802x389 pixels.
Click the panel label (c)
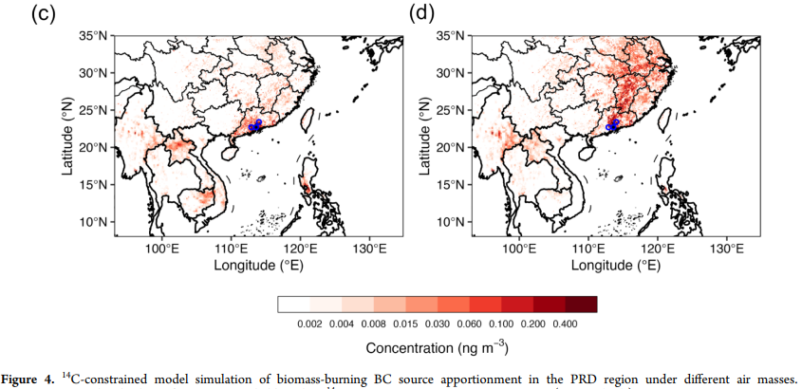point(43,13)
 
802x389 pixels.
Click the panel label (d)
point(421,13)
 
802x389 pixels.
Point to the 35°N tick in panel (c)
point(94,36)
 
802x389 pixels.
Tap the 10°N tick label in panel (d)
point(452,222)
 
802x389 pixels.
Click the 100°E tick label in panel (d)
point(520,250)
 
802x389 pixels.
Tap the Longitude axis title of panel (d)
point(616,265)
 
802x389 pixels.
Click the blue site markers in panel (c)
point(254,125)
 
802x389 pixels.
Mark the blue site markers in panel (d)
point(612,125)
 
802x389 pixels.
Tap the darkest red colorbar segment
point(581,305)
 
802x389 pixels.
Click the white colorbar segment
point(293,305)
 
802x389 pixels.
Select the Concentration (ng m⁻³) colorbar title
point(438,349)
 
